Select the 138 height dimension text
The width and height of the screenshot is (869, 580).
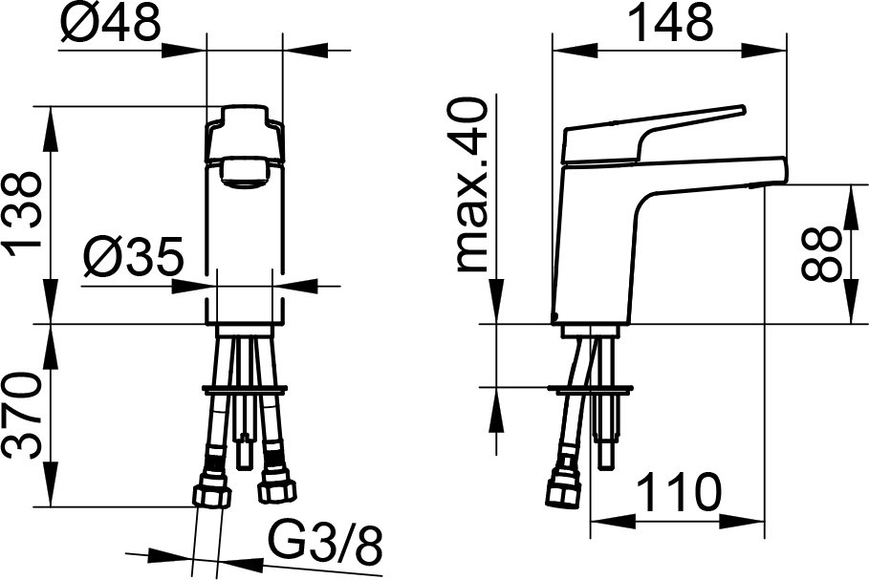click(23, 214)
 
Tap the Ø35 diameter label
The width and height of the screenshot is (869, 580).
click(133, 258)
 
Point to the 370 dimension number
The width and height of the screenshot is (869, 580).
click(23, 415)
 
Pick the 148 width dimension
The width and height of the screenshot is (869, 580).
click(671, 23)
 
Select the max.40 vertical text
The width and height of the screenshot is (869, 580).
click(471, 185)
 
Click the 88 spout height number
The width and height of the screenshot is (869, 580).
click(822, 254)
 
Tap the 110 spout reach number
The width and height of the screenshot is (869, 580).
click(679, 492)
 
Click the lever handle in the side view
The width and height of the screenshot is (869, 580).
click(652, 134)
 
